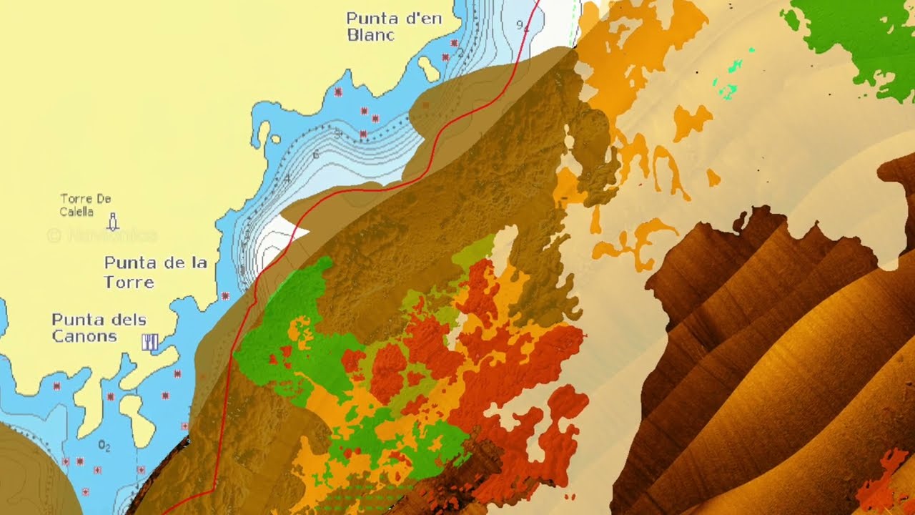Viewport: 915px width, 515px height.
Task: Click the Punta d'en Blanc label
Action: point(393,26)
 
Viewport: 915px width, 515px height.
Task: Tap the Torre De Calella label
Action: point(86,205)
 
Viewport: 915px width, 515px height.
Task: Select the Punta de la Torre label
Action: point(155,272)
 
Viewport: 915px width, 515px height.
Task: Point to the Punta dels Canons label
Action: point(99,328)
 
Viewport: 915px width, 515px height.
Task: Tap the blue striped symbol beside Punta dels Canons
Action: point(149,343)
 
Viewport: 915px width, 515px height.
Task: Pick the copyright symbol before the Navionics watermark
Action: point(54,235)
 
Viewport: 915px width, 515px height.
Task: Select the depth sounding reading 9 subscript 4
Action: point(523,26)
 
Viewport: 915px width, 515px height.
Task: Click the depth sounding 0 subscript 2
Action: point(104,446)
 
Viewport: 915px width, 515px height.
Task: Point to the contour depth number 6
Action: point(315,154)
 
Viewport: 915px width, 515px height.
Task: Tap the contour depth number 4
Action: point(287,178)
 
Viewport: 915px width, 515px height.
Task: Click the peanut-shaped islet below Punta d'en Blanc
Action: point(428,69)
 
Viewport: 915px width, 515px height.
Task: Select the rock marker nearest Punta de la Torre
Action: point(226,295)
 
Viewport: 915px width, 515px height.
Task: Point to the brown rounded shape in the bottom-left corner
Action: point(29,472)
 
